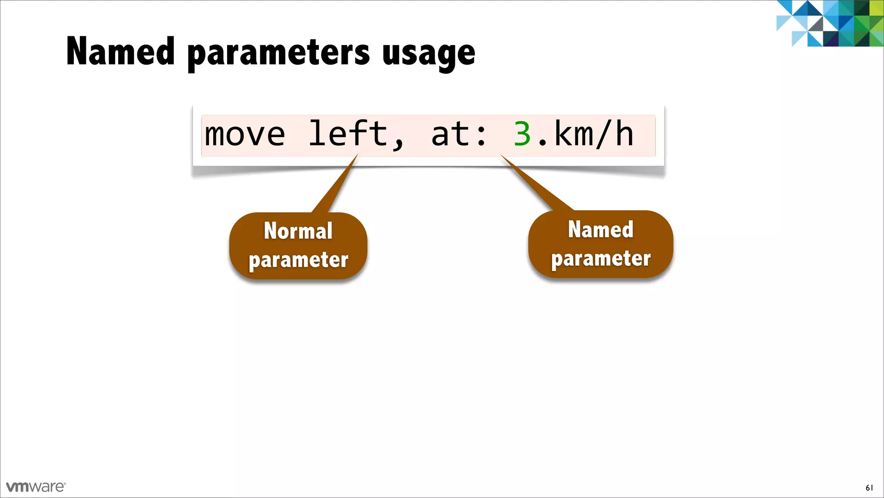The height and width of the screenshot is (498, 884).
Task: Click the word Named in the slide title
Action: [x=120, y=52]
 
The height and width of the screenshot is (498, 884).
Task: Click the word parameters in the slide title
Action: [x=278, y=54]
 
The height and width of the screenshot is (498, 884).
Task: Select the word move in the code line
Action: [x=245, y=134]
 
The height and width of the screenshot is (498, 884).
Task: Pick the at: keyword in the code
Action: [x=459, y=134]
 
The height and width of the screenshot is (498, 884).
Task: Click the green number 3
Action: [x=522, y=134]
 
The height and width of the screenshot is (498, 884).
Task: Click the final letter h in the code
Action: [x=624, y=134]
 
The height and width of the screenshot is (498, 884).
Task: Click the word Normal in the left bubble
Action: [x=298, y=231]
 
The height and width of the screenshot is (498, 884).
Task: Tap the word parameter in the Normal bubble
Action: [x=298, y=260]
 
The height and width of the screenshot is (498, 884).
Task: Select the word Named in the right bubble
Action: [x=600, y=230]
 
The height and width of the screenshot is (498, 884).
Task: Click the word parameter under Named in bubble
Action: [x=600, y=259]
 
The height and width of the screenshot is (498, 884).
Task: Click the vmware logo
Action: [x=36, y=487]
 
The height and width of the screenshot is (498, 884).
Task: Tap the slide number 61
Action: [x=869, y=488]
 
